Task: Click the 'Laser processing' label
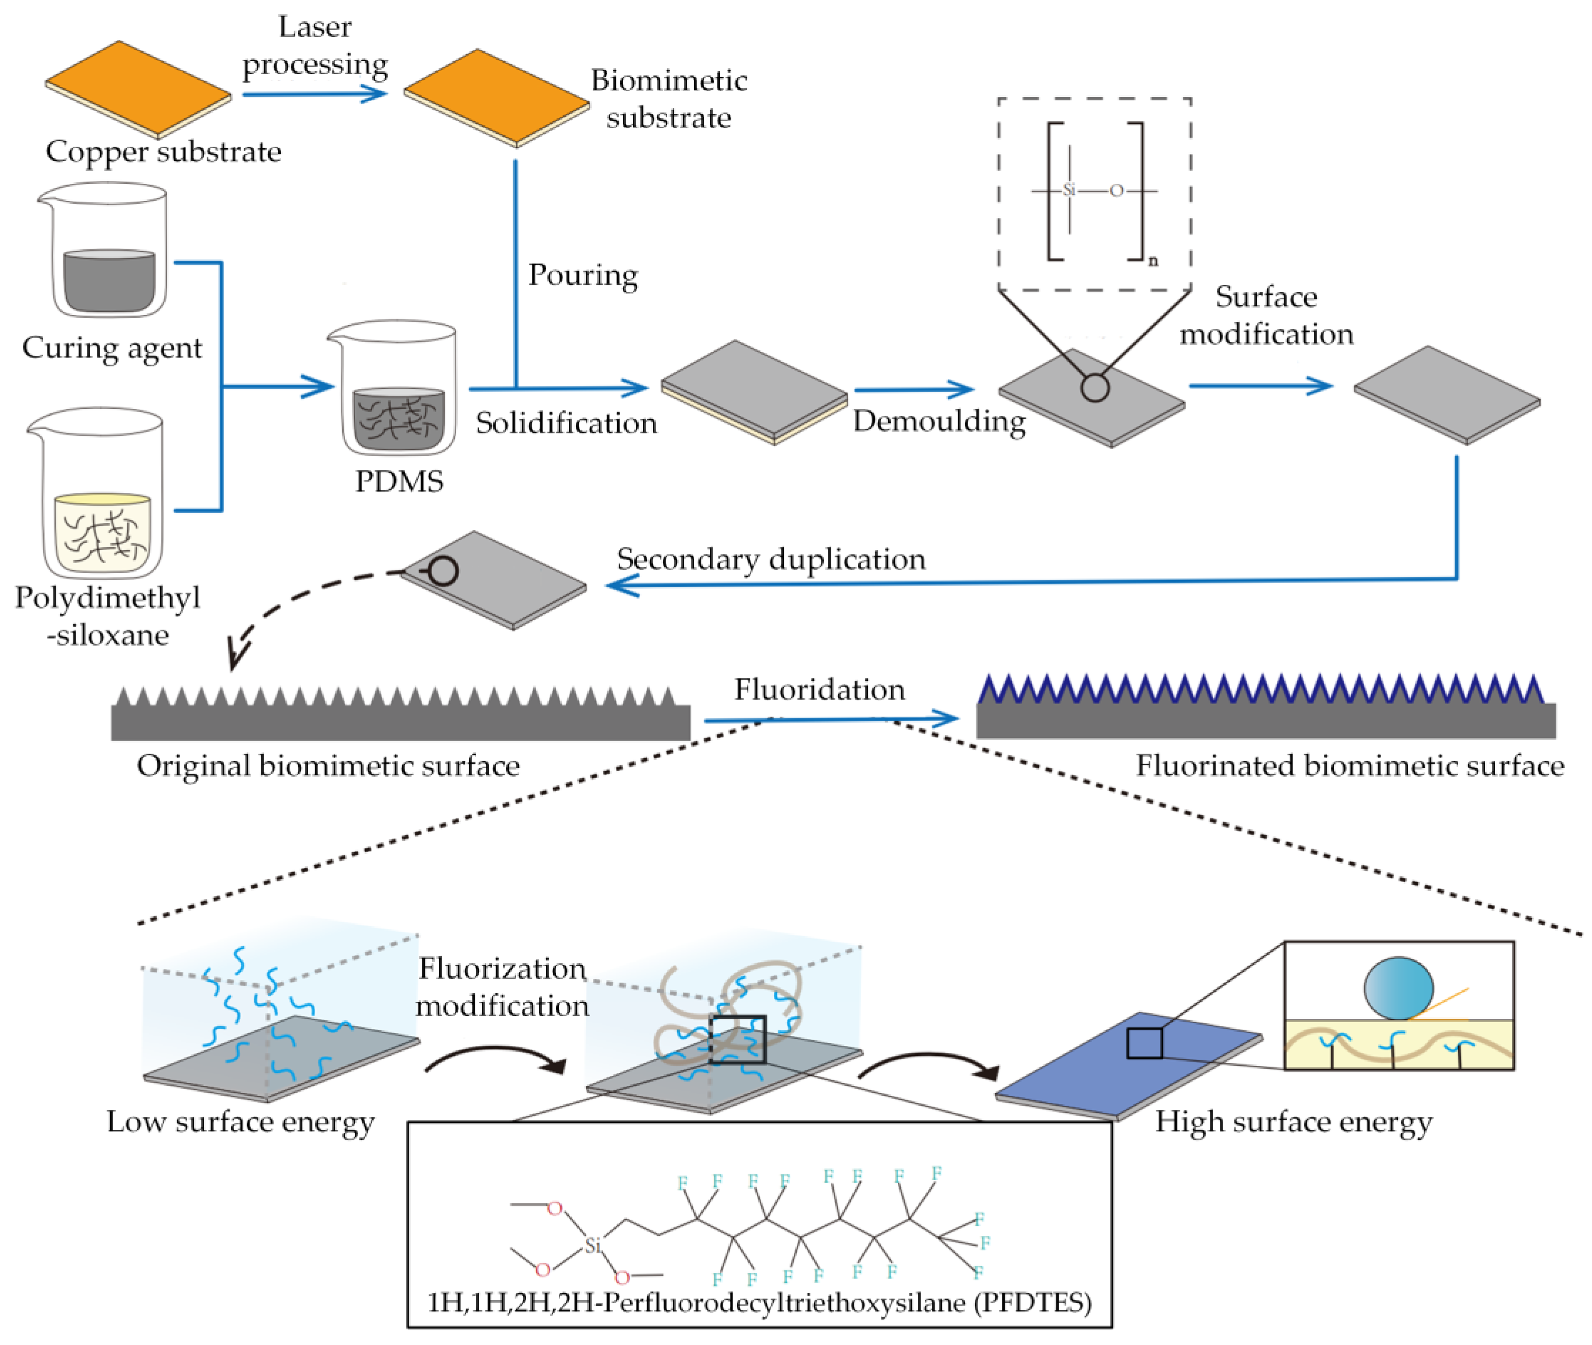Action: click(x=315, y=46)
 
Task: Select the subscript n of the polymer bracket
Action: click(x=1153, y=261)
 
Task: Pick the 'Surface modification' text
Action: click(x=1266, y=315)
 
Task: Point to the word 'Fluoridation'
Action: click(x=820, y=689)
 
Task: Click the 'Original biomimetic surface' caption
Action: click(x=328, y=765)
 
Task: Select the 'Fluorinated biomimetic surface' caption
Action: click(x=1349, y=765)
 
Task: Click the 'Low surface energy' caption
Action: click(x=240, y=1121)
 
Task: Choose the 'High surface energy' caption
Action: click(x=1293, y=1121)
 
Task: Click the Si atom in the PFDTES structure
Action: click(x=593, y=1245)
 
